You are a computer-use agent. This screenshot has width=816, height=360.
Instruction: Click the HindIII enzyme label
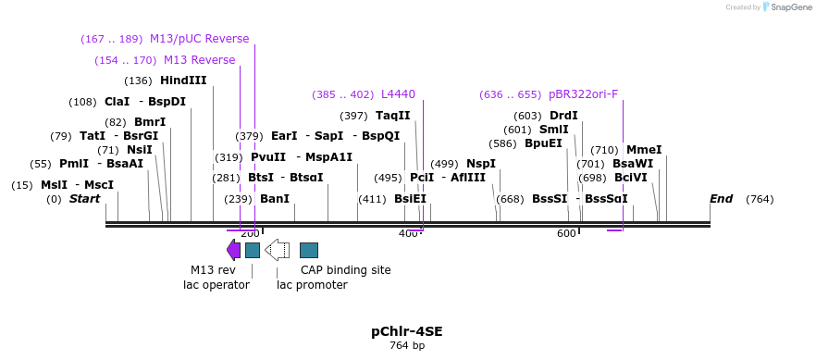[x=183, y=81]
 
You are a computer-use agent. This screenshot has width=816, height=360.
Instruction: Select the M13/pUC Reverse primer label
[x=199, y=39]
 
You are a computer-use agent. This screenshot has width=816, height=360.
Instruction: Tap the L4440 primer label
[x=398, y=94]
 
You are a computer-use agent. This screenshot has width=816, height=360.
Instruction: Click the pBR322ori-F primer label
[x=583, y=94]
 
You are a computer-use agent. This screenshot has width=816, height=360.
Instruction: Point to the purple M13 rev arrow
[x=233, y=249]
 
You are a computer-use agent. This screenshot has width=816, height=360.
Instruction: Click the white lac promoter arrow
[x=277, y=249]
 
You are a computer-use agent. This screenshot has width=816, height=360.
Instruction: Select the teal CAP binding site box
[x=309, y=250]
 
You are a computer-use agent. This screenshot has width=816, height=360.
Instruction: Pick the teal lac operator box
[x=252, y=250]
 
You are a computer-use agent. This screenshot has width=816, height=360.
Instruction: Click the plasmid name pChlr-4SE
[x=407, y=331]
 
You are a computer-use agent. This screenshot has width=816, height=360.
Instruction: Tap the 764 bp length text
[x=407, y=346]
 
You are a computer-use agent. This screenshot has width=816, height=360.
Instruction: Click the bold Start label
[x=84, y=199]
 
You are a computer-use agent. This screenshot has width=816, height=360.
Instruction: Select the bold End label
[x=721, y=199]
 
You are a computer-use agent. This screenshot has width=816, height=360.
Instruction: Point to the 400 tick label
[x=408, y=234]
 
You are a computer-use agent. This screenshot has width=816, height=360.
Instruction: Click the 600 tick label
[x=566, y=234]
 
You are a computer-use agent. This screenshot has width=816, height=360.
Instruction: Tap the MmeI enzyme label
[x=644, y=150]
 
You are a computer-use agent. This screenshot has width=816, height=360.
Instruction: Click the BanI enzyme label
[x=275, y=199]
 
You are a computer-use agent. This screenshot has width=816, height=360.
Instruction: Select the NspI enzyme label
[x=481, y=164]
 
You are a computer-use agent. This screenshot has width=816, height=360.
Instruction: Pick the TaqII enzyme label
[x=392, y=116]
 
